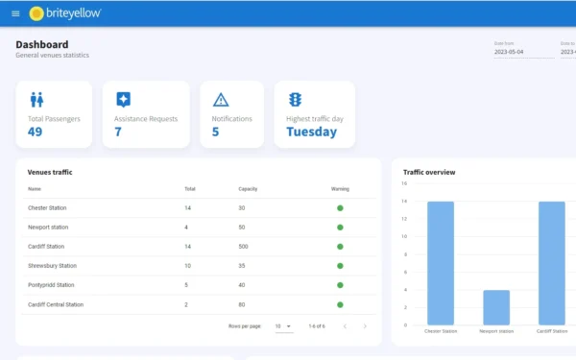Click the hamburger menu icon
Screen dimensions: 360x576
pos(15,13)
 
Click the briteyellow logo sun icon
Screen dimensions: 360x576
pos(36,13)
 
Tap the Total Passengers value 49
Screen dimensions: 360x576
pos(36,132)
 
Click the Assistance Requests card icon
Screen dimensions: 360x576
pos(123,99)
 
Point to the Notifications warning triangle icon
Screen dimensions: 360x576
pos(221,99)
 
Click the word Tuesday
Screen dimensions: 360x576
pos(311,132)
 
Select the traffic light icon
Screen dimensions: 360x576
pos(296,99)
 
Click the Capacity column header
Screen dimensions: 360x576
pos(248,189)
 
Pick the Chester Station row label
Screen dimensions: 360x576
pos(47,208)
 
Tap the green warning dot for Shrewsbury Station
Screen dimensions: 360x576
pos(340,266)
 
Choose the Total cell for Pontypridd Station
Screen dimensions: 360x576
pos(187,285)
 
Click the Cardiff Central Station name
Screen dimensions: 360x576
pos(56,304)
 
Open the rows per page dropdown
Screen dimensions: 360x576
pos(283,326)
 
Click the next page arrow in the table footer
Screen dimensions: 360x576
pos(365,326)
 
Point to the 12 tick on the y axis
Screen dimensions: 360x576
pos(405,219)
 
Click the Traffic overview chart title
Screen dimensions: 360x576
pos(429,172)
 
